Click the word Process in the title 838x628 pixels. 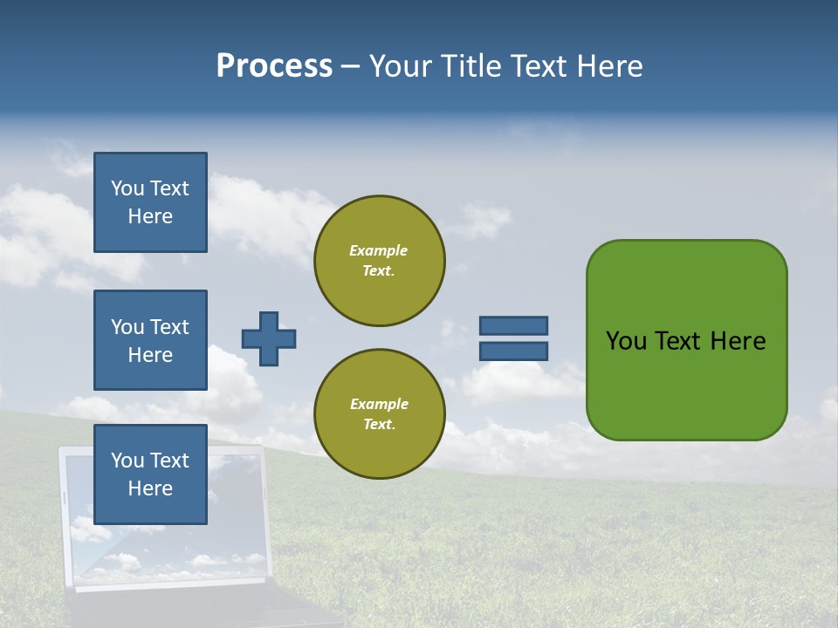tap(274, 66)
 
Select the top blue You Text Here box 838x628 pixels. tap(150, 202)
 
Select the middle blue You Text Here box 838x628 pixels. tap(150, 340)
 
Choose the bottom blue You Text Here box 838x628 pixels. tap(150, 474)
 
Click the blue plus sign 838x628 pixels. tap(269, 338)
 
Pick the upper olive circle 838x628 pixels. tap(380, 261)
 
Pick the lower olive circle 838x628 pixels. tap(380, 414)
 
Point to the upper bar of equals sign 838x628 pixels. tap(514, 325)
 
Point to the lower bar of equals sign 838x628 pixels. tap(514, 352)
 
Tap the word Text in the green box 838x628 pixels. tap(678, 341)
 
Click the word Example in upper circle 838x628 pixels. tap(378, 250)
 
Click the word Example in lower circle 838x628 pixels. tap(379, 404)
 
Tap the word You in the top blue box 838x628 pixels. tap(127, 188)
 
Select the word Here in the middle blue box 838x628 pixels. tap(150, 355)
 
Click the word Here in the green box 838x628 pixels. tap(738, 341)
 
